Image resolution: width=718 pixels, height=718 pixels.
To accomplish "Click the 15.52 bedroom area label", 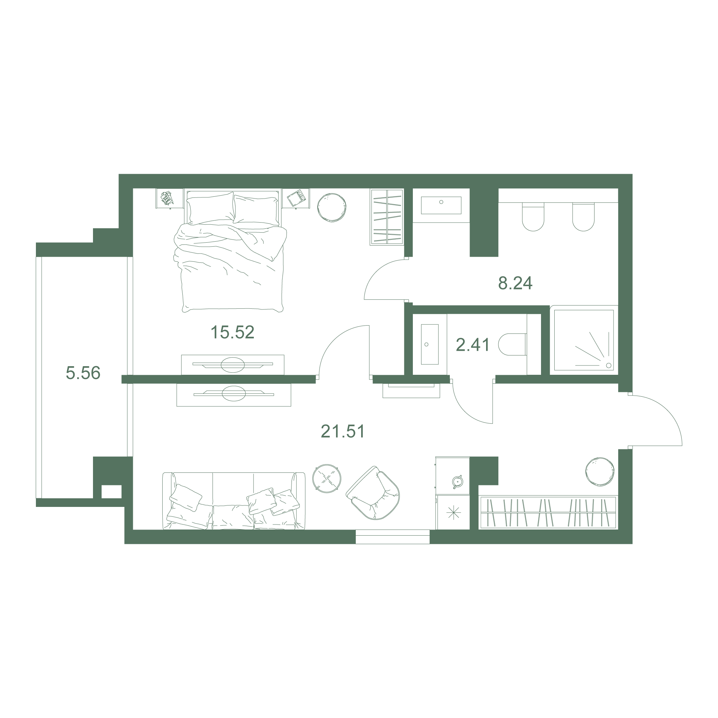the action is tap(232, 332).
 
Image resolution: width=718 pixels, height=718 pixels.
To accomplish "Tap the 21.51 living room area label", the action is tap(342, 432).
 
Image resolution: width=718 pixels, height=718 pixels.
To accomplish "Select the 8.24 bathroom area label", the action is tap(515, 283).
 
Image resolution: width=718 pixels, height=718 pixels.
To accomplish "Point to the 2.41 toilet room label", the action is tap(473, 345).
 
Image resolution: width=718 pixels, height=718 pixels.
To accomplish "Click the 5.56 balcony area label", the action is tap(83, 373).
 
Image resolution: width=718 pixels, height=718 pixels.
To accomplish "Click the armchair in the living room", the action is tap(373, 493).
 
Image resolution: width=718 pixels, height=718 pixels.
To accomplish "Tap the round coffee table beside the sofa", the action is tap(327, 479).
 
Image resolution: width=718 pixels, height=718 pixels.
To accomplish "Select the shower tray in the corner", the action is tap(584, 340).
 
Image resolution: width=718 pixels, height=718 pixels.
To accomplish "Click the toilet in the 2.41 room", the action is tap(512, 344).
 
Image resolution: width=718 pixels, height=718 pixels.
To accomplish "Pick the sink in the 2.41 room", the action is tap(430, 344).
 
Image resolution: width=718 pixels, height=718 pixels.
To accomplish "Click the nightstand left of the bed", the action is tap(169, 198).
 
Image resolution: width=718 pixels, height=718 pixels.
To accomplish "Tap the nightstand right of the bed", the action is tap(296, 198).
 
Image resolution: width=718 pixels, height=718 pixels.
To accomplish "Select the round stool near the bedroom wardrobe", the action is tap(332, 208).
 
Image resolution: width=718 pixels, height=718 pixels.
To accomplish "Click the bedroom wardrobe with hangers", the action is tap(387, 217).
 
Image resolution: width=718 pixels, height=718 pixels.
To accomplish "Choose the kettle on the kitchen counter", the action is tap(457, 481).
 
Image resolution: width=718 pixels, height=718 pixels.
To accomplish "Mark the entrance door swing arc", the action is tap(669, 412).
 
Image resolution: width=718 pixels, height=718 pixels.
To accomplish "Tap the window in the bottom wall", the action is tap(392, 537).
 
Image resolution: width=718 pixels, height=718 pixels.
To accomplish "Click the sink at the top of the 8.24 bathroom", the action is tap(441, 205).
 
